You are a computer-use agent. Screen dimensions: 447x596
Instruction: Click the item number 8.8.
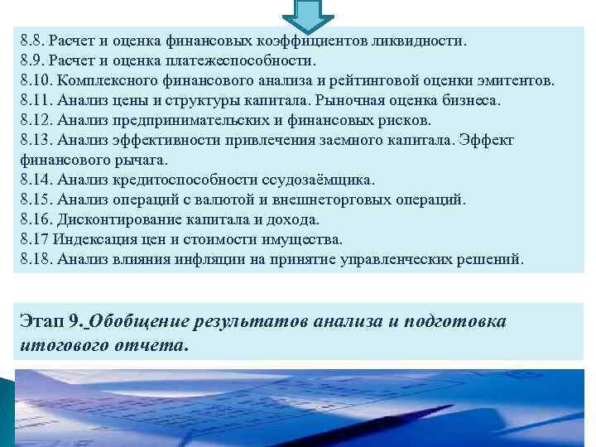coord(33,39)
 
